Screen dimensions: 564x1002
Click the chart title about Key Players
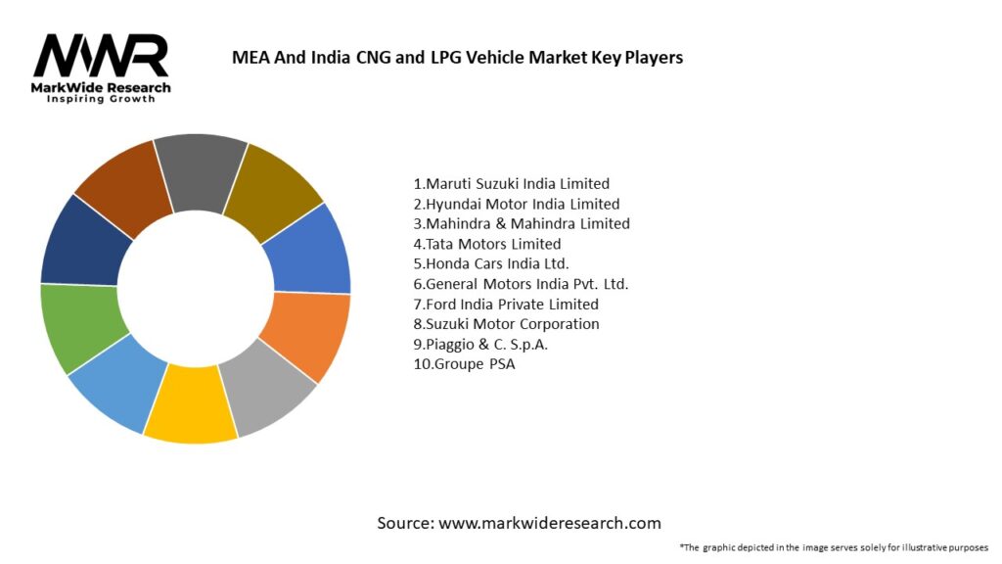[x=457, y=57]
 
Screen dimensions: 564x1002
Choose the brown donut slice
[x=121, y=185]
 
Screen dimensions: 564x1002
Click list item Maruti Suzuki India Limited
[x=511, y=183]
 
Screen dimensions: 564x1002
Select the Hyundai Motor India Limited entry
[x=516, y=204]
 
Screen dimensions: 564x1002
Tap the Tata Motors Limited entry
[x=486, y=244]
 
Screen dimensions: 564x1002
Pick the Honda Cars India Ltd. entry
[x=490, y=263]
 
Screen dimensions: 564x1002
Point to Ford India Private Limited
[x=505, y=304]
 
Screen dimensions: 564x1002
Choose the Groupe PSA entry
[x=463, y=364]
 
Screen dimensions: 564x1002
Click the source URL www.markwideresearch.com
[x=550, y=523]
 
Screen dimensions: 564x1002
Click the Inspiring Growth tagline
[x=101, y=100]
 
